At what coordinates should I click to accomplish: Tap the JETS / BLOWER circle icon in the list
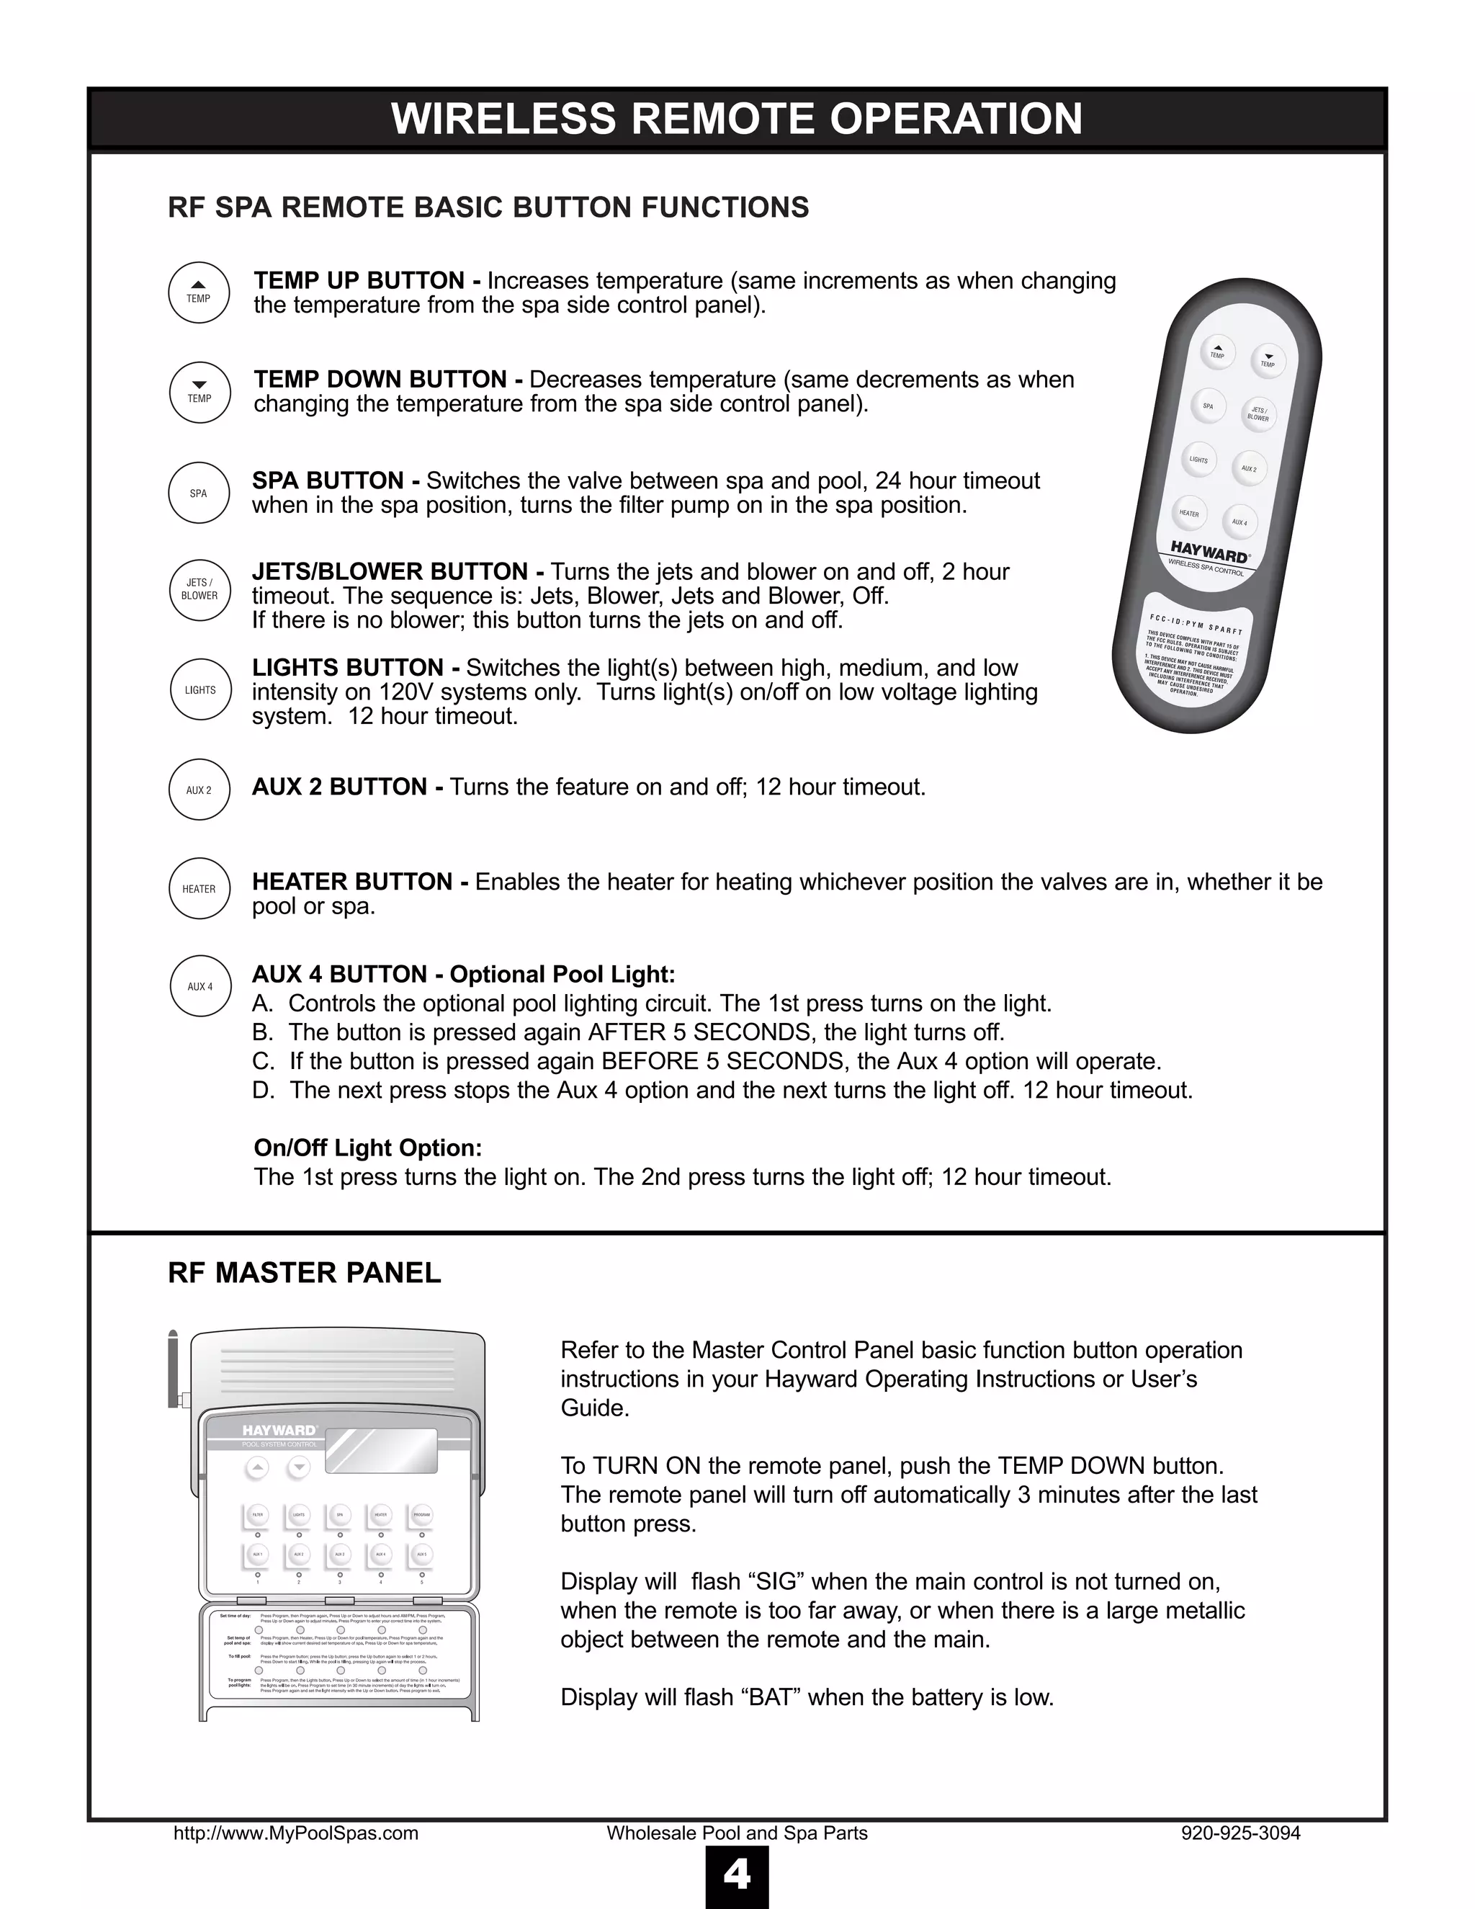[199, 589]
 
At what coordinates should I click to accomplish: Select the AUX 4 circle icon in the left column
[200, 986]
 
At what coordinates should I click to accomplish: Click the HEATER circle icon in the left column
[199, 889]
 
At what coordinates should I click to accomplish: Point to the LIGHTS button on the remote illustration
[1198, 460]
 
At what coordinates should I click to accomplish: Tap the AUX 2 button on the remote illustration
[1249, 468]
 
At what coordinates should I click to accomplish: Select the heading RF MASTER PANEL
[304, 1273]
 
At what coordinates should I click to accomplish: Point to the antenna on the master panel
[173, 1368]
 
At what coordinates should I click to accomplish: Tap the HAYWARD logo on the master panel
[279, 1430]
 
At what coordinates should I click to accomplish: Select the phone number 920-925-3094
[1240, 1833]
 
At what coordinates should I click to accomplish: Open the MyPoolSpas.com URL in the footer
[295, 1833]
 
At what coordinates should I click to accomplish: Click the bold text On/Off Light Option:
[368, 1148]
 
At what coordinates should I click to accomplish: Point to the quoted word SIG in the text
[777, 1581]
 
